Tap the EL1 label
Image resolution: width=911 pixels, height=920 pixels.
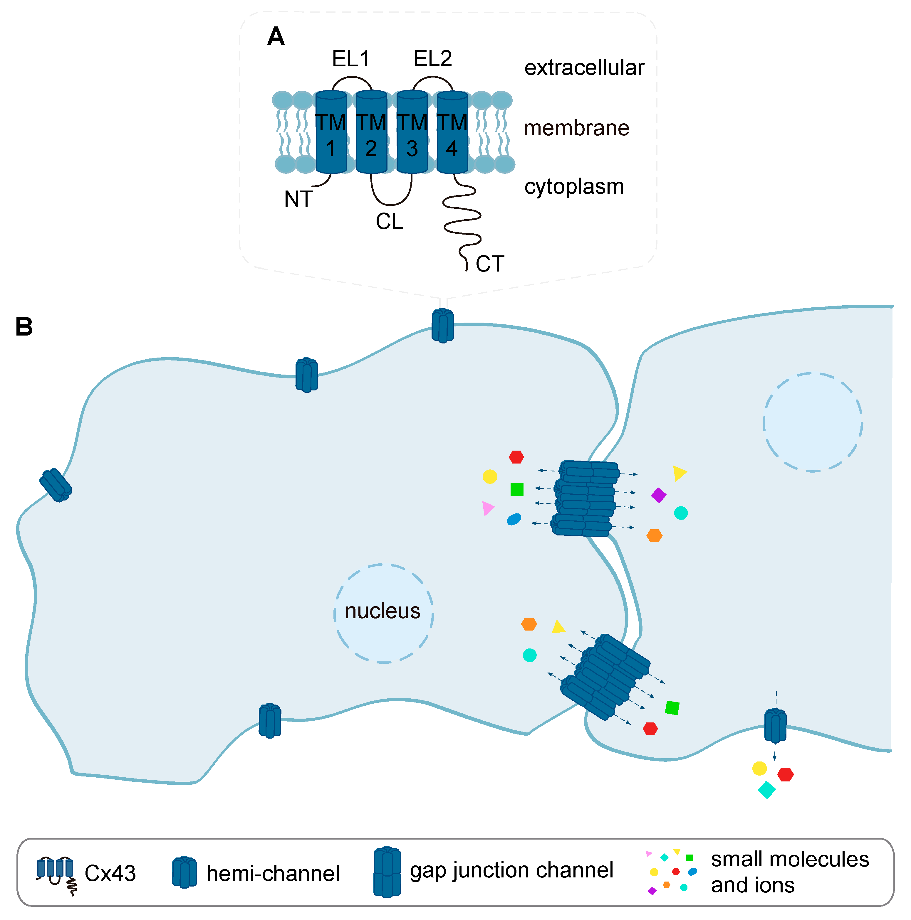351,59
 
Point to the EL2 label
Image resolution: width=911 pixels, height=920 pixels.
432,59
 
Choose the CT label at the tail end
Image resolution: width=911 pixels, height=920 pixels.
489,264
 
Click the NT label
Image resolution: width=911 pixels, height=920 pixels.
298,199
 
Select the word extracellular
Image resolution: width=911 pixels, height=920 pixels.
584,68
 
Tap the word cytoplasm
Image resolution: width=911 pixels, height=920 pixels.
574,186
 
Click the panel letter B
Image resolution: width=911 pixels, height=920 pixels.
24,327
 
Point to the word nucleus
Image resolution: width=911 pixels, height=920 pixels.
382,611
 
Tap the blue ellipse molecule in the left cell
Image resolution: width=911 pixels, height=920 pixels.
514,519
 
